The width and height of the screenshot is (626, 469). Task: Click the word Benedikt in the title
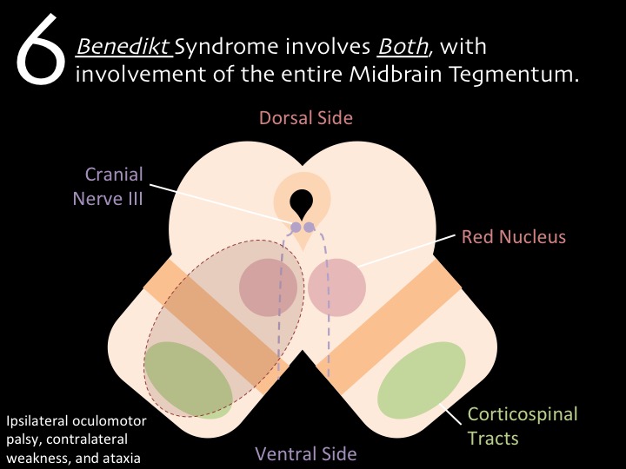click(122, 45)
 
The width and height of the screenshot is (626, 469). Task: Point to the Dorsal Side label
click(306, 117)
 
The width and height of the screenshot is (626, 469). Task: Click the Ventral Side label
click(306, 452)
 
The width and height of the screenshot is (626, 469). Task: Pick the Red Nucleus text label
click(514, 236)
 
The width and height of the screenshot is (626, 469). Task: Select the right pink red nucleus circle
click(337, 287)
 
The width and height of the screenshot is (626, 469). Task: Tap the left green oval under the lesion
click(187, 380)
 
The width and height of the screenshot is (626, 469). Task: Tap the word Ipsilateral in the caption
click(34, 421)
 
